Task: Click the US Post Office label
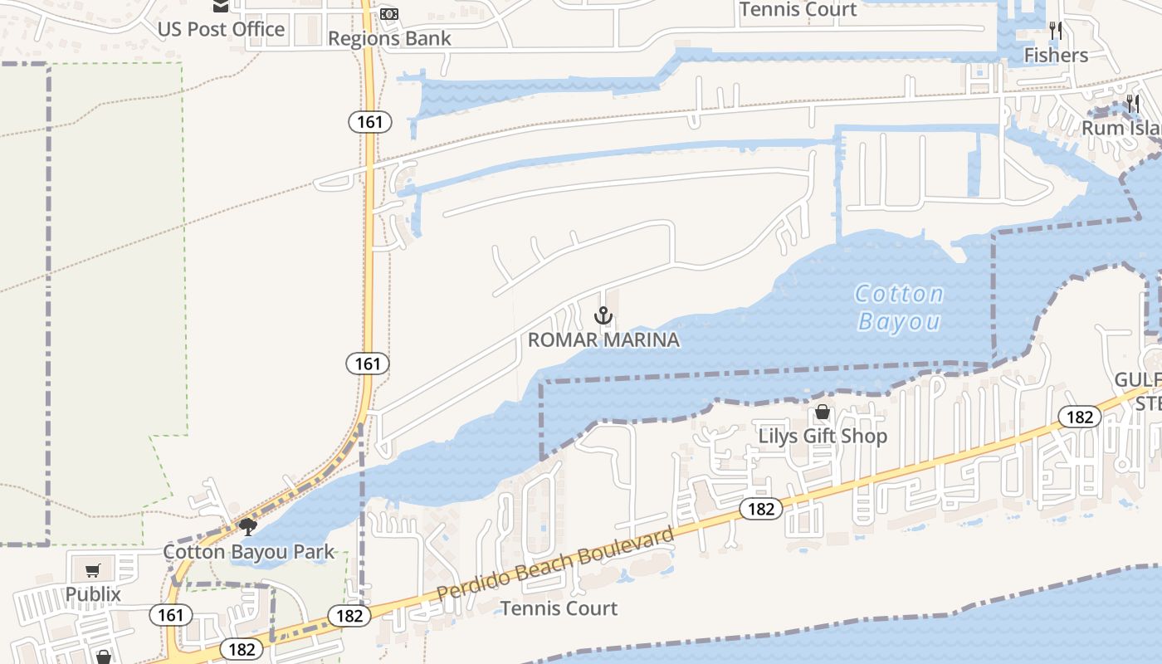[221, 30]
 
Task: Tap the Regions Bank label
[389, 39]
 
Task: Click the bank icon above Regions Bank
[389, 14]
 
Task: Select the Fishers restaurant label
[1056, 56]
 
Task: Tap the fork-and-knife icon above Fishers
[1056, 31]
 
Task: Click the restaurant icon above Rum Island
[1133, 105]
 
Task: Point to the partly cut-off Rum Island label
[1120, 129]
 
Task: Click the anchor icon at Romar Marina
[604, 315]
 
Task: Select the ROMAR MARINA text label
[603, 339]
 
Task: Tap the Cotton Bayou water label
[900, 307]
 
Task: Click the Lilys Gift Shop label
[823, 436]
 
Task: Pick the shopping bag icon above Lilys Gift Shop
[823, 412]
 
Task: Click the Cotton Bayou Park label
[249, 552]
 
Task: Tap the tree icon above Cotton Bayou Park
[247, 527]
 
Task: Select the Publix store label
[93, 594]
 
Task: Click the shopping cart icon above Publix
[93, 570]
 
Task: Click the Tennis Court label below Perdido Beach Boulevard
[559, 608]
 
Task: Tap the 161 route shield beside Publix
[171, 615]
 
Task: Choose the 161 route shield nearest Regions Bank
[369, 122]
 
